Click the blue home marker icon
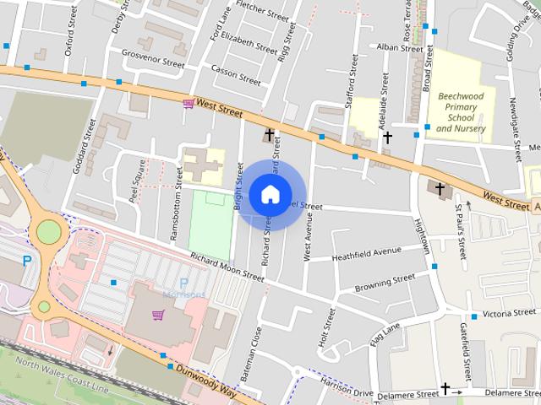[x=270, y=194]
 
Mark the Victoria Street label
[x=510, y=313]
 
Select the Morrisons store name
[x=181, y=294]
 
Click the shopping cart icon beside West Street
[x=188, y=103]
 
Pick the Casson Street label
[x=236, y=76]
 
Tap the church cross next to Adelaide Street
[x=388, y=137]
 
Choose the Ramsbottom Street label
[x=178, y=203]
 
